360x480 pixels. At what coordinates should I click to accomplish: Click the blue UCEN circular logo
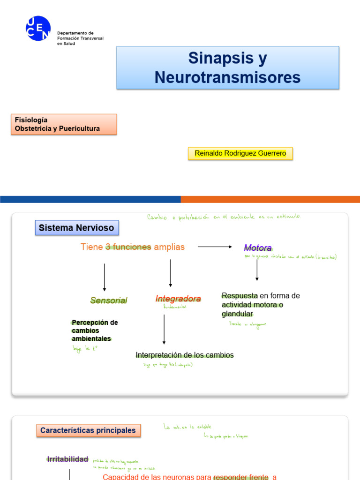(38, 28)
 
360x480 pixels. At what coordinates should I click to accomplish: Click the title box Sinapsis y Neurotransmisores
(227, 67)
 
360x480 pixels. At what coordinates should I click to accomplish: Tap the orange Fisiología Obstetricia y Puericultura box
(63, 124)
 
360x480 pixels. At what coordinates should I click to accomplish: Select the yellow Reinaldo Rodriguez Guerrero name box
(240, 153)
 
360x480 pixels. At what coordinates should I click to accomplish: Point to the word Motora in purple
(258, 247)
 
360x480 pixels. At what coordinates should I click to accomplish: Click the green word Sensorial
(109, 300)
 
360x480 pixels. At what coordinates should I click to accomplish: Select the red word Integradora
(178, 299)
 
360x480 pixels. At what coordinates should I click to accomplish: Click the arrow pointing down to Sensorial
(104, 277)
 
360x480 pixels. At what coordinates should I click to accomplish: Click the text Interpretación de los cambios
(185, 355)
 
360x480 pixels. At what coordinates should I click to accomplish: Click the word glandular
(237, 314)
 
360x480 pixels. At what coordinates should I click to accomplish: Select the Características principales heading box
(88, 430)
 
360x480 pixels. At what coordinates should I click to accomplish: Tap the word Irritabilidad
(67, 459)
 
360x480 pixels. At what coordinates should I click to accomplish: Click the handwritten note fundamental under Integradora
(175, 307)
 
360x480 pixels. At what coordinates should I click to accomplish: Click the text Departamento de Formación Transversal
(80, 38)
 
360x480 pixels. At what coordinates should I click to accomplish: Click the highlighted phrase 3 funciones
(128, 247)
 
